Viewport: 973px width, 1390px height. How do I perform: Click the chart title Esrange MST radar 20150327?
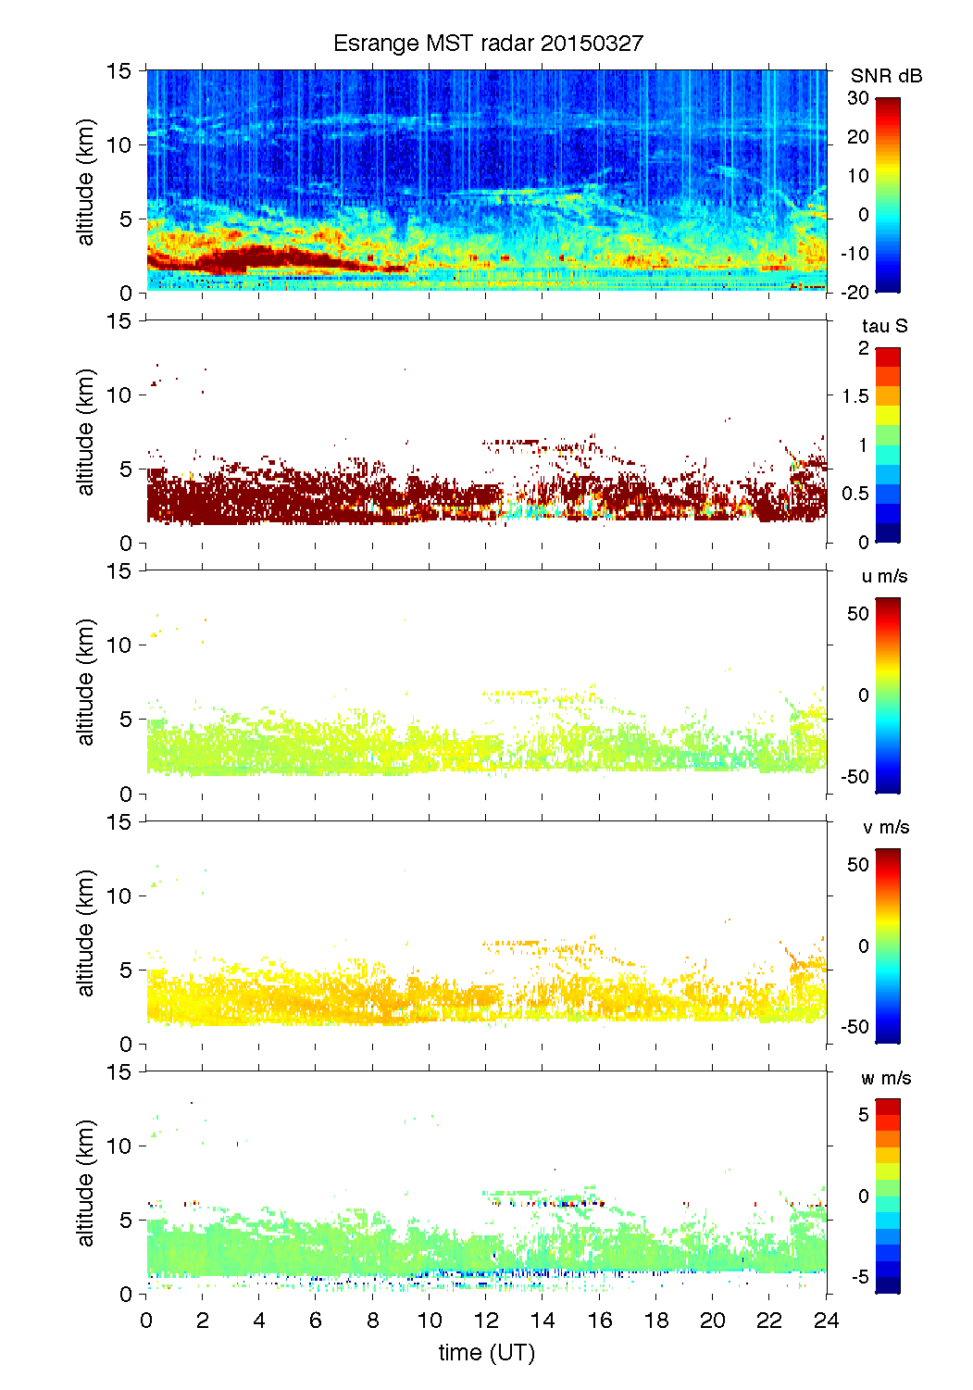[487, 44]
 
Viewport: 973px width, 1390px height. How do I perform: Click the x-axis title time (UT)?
[487, 1353]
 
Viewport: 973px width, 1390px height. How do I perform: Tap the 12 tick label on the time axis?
[486, 1321]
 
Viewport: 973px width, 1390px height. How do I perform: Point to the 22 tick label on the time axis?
[769, 1321]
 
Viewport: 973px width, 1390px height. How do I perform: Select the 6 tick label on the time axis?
[316, 1321]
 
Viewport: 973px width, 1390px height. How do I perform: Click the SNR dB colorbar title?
[886, 76]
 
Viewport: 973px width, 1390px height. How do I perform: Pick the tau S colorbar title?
[884, 326]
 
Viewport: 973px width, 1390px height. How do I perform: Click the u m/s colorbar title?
[884, 576]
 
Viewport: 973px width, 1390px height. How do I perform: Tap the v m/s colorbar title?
[885, 827]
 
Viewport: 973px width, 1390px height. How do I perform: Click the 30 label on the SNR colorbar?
[858, 98]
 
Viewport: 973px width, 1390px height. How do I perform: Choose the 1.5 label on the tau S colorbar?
[854, 396]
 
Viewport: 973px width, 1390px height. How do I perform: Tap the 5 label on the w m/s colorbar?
[863, 1115]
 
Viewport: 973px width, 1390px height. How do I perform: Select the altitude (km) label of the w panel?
[86, 1183]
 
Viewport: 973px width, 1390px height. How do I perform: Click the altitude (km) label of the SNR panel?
[86, 182]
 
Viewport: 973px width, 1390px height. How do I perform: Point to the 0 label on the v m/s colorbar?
[864, 945]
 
